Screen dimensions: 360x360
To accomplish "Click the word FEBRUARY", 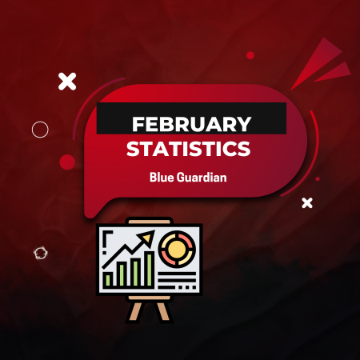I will coord(190,125).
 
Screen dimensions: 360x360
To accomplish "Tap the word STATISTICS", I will coord(189,150).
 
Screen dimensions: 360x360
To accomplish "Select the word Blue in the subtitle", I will coord(162,177).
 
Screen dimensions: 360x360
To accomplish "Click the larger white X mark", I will coord(68,80).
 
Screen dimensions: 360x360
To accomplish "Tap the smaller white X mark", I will coord(307,203).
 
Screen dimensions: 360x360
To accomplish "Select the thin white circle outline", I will coord(40,129).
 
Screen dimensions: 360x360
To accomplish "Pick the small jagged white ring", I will coord(39,254).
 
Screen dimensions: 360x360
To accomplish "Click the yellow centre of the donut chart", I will coord(174,246).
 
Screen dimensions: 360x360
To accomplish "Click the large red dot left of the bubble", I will coord(68,162).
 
